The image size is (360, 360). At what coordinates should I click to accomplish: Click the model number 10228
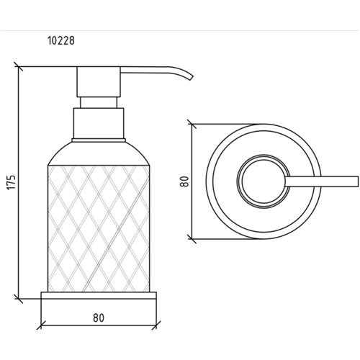point(61,41)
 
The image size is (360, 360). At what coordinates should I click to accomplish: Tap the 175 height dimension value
point(12,182)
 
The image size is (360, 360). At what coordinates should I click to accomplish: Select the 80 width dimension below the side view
point(99,318)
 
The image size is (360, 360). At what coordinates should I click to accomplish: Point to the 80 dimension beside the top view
point(184,181)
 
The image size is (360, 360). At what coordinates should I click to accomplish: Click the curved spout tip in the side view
point(191,77)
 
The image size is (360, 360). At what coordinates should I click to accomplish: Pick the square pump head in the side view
point(99,82)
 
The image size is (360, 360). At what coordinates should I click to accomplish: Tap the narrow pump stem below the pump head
point(99,103)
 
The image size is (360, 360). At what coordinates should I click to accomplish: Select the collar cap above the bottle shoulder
point(99,123)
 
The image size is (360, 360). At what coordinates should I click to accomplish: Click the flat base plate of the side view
point(99,295)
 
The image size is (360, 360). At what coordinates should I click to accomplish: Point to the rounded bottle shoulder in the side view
point(99,153)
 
